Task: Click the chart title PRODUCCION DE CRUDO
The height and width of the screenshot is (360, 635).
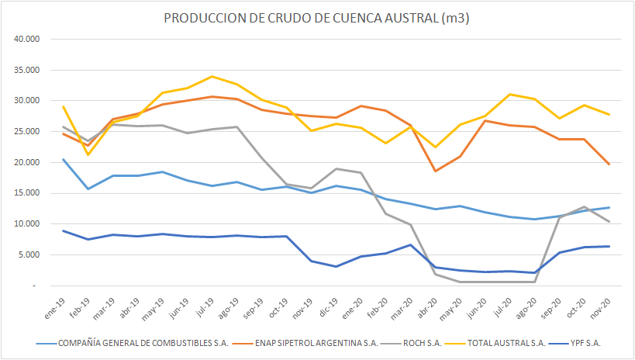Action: tap(317, 18)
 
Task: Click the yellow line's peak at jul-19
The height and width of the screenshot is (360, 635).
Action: tap(212, 76)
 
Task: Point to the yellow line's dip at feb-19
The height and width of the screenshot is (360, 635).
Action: tap(88, 154)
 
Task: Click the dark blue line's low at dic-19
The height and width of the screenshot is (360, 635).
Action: tap(335, 266)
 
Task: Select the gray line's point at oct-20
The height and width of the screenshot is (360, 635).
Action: tap(583, 207)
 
